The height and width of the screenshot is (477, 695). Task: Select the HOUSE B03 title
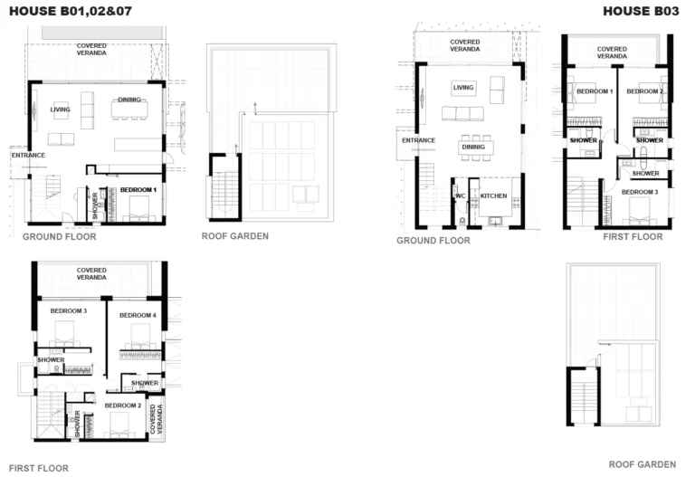(x=639, y=11)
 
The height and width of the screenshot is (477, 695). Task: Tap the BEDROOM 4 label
(x=138, y=314)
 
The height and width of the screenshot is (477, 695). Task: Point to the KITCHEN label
(x=494, y=196)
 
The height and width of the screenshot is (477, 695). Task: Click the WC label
(x=460, y=196)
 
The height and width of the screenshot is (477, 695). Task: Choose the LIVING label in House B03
(x=463, y=88)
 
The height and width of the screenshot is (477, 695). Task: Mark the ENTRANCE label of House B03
(x=418, y=141)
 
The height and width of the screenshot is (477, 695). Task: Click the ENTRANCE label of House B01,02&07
(x=28, y=156)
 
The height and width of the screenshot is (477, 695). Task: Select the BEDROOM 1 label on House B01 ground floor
(x=138, y=190)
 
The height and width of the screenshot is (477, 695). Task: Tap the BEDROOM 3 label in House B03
(x=639, y=192)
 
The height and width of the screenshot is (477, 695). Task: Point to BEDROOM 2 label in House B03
(x=645, y=91)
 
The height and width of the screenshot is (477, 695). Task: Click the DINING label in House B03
(x=472, y=147)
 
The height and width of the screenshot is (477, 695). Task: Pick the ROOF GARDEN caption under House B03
(x=642, y=464)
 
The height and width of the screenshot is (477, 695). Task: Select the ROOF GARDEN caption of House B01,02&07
(x=234, y=236)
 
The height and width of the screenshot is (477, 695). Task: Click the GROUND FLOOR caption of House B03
(x=433, y=241)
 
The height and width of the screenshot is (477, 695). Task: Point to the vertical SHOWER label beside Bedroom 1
(x=95, y=205)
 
